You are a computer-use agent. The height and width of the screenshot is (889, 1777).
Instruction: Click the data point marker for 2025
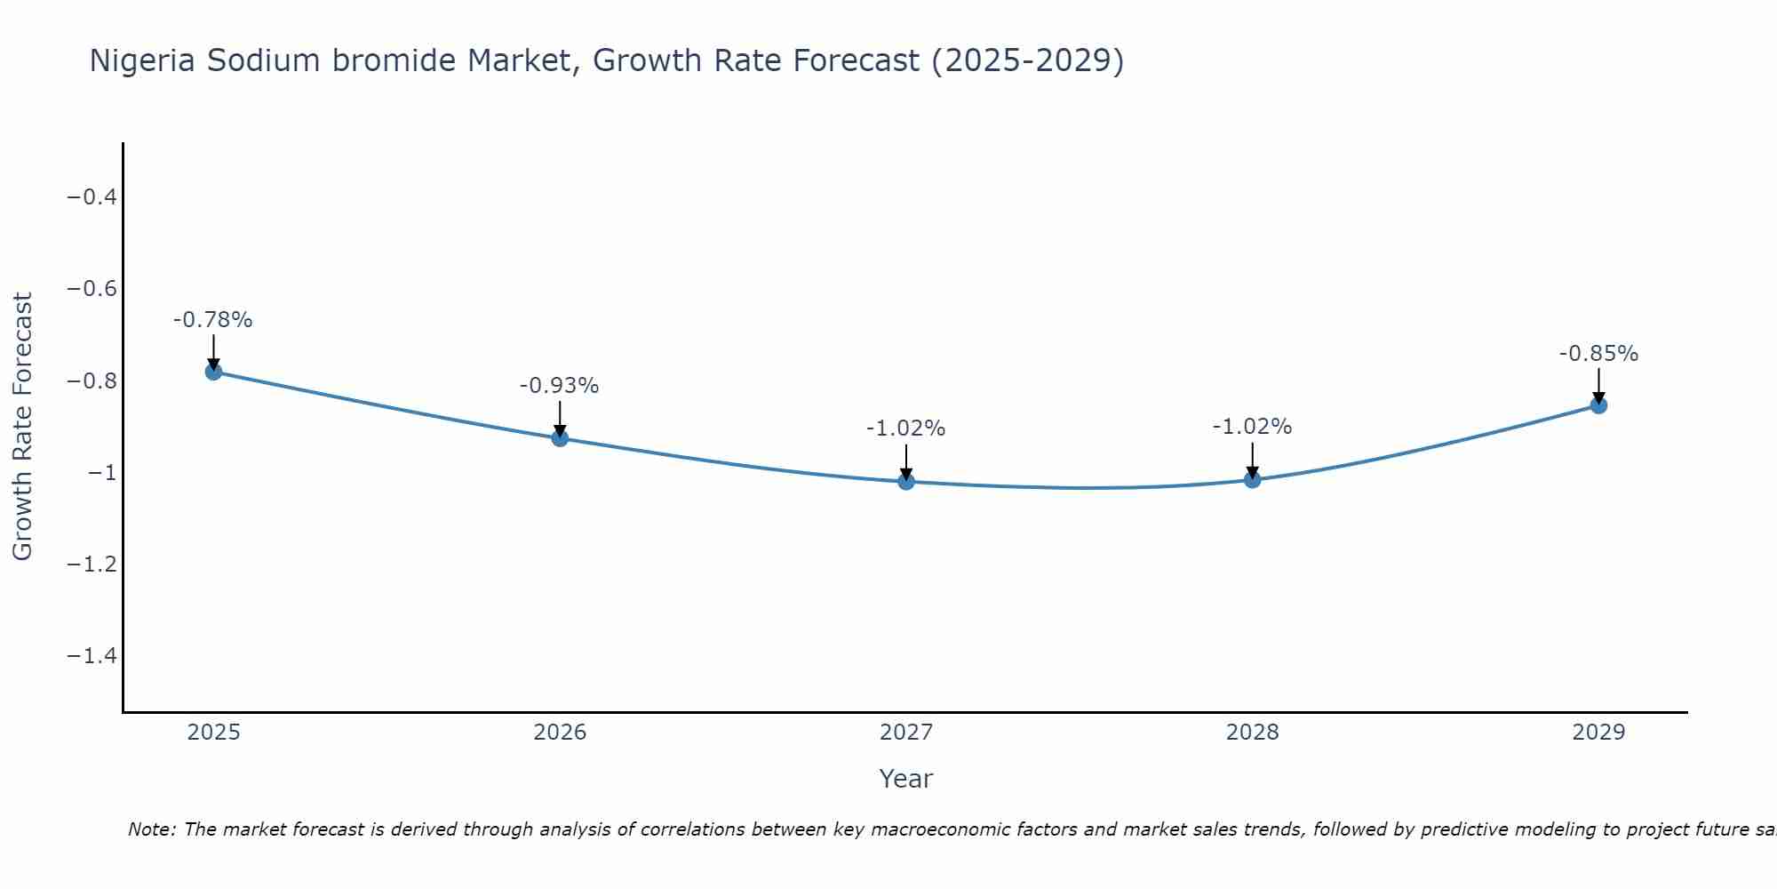point(213,372)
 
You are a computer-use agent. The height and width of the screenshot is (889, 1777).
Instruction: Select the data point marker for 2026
point(560,437)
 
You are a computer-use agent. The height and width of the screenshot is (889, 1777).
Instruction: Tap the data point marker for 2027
point(906,482)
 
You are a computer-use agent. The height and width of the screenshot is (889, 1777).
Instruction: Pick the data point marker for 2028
point(1253,480)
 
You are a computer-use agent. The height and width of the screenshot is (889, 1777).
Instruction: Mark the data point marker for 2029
point(1598,405)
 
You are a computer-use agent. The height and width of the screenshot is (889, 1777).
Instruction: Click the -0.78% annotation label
point(213,320)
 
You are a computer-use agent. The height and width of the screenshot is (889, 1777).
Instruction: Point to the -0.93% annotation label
point(560,386)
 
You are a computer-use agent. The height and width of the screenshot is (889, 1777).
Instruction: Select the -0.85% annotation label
point(1598,354)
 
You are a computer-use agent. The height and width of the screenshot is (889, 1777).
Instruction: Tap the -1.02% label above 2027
point(906,428)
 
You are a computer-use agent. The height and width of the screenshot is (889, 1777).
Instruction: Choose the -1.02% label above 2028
point(1253,427)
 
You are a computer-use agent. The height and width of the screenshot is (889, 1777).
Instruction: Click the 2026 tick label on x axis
point(560,733)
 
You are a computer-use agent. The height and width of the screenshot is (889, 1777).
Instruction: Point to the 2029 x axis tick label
point(1598,733)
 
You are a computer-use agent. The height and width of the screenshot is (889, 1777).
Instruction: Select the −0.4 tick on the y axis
point(92,196)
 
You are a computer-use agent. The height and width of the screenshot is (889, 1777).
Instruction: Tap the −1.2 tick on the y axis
point(92,564)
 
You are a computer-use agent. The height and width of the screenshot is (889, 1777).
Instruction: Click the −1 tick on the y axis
point(102,472)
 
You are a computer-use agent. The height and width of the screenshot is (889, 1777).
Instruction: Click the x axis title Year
point(906,779)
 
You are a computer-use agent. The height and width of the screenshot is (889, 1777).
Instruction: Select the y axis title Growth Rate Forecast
point(22,427)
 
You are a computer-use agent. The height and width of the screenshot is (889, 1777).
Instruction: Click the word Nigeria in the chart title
point(143,60)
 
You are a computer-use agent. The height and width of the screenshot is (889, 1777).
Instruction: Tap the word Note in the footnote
point(152,829)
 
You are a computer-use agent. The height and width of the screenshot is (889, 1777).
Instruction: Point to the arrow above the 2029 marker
point(1598,384)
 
